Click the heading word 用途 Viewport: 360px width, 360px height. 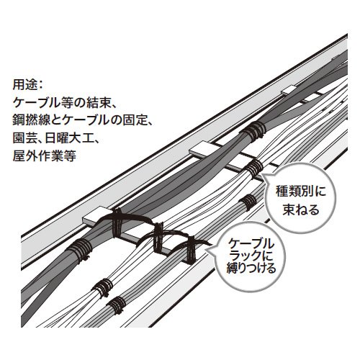click(x=24, y=84)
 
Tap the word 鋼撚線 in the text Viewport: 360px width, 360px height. click(x=30, y=120)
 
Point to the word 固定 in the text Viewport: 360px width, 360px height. click(x=134, y=120)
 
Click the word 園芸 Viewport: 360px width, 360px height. click(x=24, y=138)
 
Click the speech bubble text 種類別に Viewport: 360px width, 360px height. click(x=301, y=192)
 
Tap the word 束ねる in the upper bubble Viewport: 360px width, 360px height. click(x=301, y=210)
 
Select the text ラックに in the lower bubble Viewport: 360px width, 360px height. click(x=251, y=256)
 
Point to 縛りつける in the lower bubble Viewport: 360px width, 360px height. click(x=251, y=268)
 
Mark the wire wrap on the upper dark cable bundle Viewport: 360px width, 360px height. click(x=254, y=132)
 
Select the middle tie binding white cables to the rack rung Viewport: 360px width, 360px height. click(x=159, y=238)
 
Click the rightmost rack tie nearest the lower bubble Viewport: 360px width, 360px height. click(x=191, y=251)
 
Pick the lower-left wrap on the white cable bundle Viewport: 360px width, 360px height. click(x=103, y=287)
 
